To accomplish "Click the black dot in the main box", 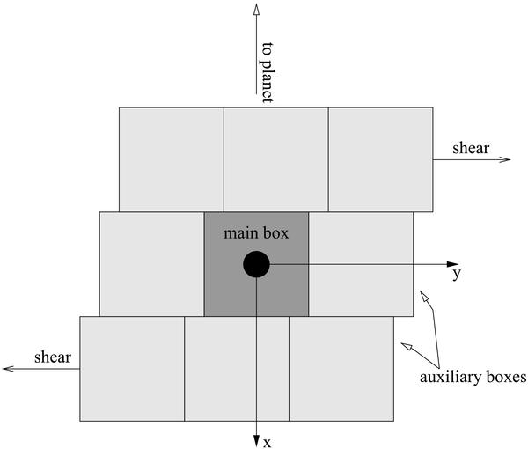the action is point(256,264).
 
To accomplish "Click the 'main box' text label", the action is point(256,233).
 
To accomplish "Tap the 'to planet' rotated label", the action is point(268,72).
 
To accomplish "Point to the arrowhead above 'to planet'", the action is point(256,10).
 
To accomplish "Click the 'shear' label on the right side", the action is point(471,148).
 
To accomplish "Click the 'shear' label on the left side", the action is point(53,357).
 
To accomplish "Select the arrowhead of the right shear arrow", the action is point(505,159).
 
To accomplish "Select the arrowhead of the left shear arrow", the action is point(9,369).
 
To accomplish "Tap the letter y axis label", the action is point(456,274).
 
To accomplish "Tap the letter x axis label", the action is point(267,443).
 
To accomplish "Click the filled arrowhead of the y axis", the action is point(452,264).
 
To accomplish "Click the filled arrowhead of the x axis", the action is point(256,441).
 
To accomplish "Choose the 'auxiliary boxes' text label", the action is point(473,377).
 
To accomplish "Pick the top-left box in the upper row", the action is point(172,159).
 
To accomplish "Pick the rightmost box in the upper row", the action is point(381,159).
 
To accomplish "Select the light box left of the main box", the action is point(152,264).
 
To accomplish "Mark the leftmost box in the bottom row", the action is point(132,369).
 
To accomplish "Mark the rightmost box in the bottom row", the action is point(341,369).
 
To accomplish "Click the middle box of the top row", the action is point(276,159).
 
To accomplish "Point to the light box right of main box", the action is point(361,264).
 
